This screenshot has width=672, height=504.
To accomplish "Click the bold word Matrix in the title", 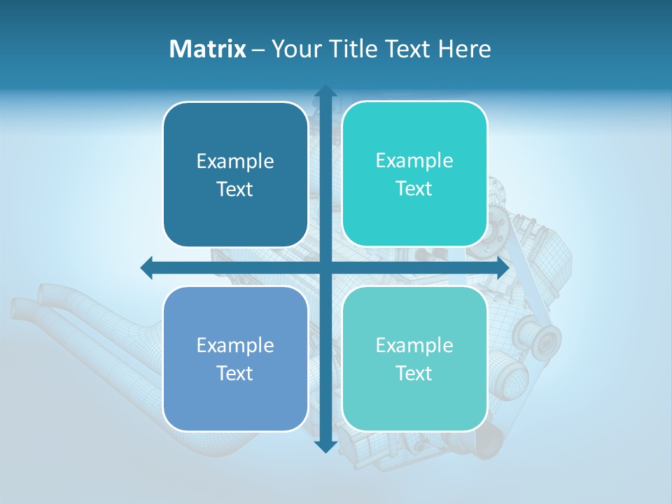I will point(207,49).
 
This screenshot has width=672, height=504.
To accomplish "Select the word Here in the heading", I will point(464,49).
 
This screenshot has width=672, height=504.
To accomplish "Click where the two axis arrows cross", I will point(325,267).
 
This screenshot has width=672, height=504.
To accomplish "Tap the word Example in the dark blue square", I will point(235,161).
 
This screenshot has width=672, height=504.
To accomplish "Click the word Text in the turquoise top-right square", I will point(414,189).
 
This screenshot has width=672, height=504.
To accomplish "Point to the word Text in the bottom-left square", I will point(235,373).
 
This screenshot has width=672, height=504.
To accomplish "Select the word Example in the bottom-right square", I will point(414,345).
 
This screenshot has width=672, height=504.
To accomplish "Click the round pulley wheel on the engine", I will point(543,340).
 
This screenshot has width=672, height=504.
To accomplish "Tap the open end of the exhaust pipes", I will point(24,308).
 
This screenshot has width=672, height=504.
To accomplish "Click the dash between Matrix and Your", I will point(258,50).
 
